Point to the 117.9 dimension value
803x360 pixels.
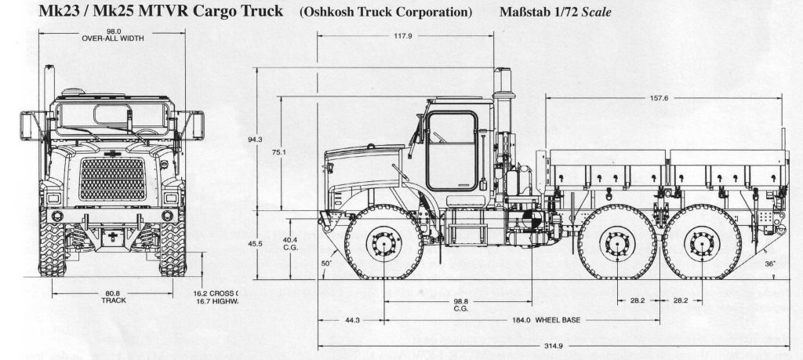click(x=403, y=36)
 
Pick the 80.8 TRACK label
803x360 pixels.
click(x=113, y=297)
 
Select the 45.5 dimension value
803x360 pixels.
click(x=254, y=244)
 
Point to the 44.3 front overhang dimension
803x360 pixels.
click(x=351, y=320)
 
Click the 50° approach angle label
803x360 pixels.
click(x=325, y=264)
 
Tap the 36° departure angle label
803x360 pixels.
click(x=770, y=264)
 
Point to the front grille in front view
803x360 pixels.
click(x=114, y=180)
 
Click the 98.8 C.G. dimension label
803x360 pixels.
click(x=461, y=304)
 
